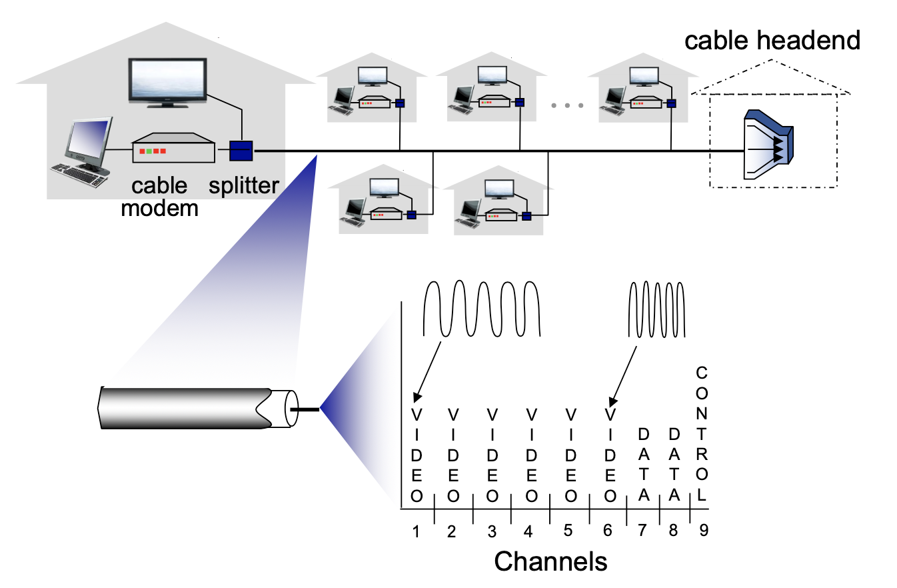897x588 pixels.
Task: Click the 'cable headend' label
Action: [772, 41]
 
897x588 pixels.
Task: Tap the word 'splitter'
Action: [243, 186]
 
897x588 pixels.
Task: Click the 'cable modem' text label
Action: [160, 197]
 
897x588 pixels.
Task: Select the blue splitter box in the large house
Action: [240, 151]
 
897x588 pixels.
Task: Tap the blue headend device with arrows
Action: [768, 145]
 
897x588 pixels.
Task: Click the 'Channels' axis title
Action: [550, 561]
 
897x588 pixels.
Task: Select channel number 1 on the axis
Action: [416, 531]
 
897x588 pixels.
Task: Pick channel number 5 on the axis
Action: [568, 531]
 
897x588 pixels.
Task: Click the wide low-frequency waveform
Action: [482, 309]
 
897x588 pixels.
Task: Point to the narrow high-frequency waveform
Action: [657, 309]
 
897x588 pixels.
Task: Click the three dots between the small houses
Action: [568, 106]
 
